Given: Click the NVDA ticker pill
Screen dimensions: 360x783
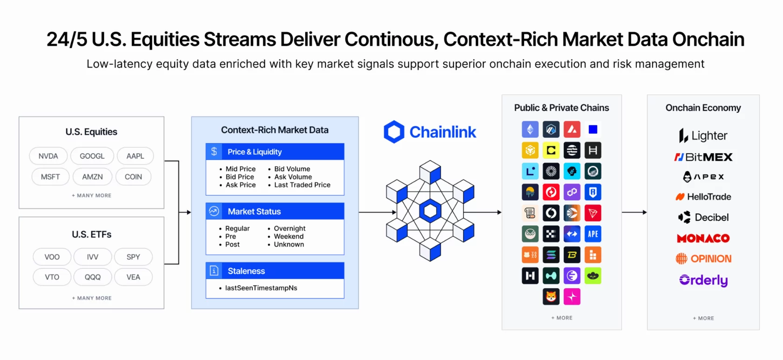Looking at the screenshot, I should coord(48,156).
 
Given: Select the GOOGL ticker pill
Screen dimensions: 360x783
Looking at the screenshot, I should coord(92,156).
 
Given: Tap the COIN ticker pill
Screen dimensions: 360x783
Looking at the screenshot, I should coord(133,177).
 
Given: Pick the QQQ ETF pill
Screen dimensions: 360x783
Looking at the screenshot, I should coord(93,277).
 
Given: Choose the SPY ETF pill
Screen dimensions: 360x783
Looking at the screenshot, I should coord(133,257).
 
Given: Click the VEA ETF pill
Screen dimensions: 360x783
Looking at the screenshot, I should coord(133,277).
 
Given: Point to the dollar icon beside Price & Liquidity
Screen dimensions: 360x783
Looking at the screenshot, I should coord(214,151).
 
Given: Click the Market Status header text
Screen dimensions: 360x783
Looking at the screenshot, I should coord(254,211).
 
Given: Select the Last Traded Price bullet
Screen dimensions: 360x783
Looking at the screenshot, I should coord(302,185).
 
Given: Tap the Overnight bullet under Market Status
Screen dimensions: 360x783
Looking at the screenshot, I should coord(290,228).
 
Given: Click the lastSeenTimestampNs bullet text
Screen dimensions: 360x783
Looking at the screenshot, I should coord(261,288).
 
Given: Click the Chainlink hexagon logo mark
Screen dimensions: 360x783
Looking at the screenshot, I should coord(394,132).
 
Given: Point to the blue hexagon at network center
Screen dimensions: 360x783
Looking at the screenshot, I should coord(430,211).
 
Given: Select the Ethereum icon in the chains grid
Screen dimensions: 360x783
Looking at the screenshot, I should coord(530,129).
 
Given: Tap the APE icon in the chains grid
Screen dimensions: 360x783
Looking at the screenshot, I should coord(593,234).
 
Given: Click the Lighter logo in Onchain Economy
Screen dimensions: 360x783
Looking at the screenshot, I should coord(703,136).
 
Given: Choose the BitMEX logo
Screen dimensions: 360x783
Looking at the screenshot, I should coord(703,157).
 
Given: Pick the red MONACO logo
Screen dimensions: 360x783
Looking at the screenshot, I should coord(703,238).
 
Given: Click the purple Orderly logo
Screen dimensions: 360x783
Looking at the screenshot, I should coord(703,280).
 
